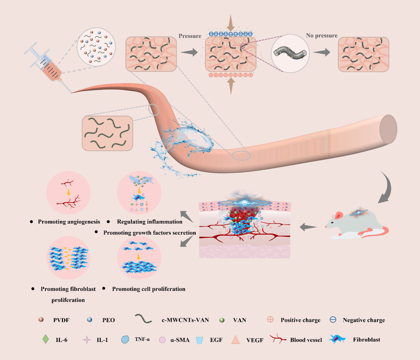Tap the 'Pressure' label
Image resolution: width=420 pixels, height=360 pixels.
[x=190, y=36]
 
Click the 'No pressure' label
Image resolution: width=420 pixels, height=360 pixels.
[x=322, y=36]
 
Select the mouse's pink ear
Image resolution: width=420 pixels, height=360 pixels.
[x=339, y=215]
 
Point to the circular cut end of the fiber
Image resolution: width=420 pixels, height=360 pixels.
[x=388, y=129]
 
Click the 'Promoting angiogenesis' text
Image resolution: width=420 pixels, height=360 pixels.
[x=69, y=222]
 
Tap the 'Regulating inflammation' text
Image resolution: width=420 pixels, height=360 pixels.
[x=149, y=222]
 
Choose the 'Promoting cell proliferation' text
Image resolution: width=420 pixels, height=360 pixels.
[x=148, y=289]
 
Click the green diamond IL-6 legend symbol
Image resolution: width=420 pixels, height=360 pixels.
[x=46, y=339]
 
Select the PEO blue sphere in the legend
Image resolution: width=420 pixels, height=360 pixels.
[x=89, y=320]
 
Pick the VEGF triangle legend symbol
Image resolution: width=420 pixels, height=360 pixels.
[x=235, y=340]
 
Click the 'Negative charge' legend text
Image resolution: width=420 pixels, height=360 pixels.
[x=364, y=320]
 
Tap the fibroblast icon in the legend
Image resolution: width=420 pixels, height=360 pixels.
[x=337, y=339]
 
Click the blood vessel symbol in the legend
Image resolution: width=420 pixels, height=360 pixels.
[x=278, y=339]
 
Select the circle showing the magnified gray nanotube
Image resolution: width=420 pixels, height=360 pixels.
[x=290, y=53]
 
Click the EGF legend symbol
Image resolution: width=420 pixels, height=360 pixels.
[x=200, y=340]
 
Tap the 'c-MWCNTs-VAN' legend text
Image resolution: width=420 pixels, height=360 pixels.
[x=185, y=320]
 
